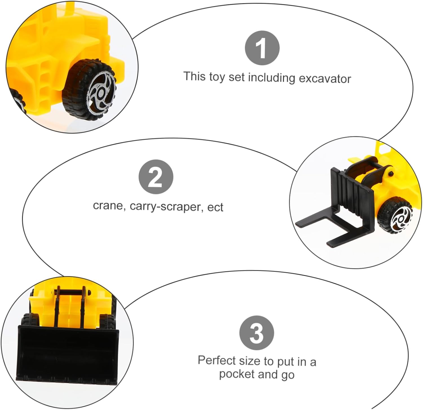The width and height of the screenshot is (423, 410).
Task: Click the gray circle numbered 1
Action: (x=262, y=48)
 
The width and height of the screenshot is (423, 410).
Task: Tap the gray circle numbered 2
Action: (x=156, y=177)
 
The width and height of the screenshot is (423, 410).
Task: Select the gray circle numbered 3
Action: (x=257, y=333)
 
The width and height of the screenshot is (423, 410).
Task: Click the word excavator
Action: (x=325, y=79)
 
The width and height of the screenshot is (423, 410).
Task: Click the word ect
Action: (x=215, y=207)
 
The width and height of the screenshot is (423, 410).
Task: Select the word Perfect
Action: (x=217, y=360)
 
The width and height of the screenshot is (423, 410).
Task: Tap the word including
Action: (x=272, y=78)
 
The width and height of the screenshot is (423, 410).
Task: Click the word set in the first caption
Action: (x=236, y=77)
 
